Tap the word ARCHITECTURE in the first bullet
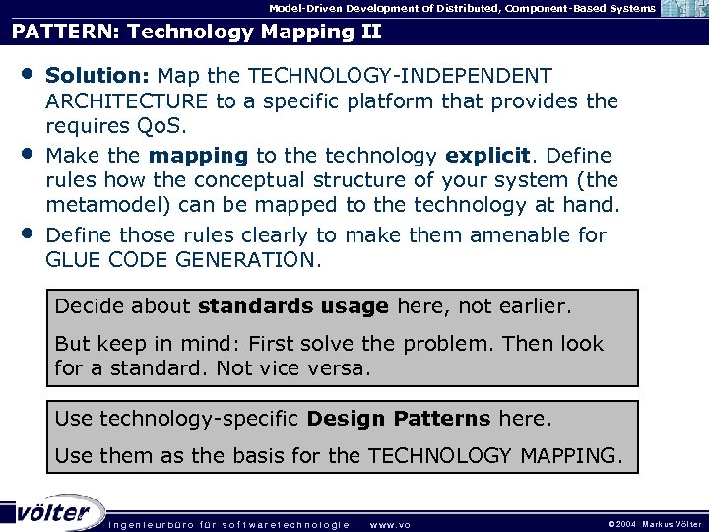126,101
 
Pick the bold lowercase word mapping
200,155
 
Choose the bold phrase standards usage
292,306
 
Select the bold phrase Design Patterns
398,418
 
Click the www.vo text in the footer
390,524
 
